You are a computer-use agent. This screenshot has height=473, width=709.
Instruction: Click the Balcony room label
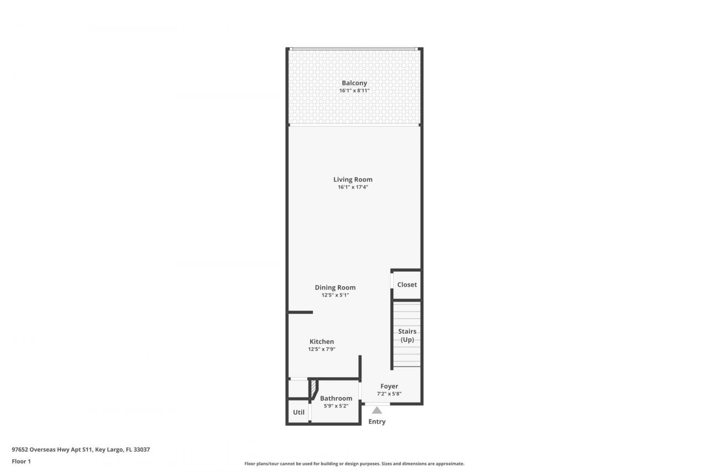[354, 83]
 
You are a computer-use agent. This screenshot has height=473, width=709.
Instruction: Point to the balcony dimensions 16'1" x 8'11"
[354, 90]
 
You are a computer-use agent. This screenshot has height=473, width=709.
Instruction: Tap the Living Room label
[353, 180]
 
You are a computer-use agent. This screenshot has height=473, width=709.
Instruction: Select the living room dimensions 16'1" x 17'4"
[353, 187]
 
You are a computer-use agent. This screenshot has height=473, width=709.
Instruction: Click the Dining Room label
[335, 287]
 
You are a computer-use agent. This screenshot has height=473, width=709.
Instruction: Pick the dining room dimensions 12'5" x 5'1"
[335, 295]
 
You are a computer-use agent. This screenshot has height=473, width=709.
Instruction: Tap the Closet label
[407, 284]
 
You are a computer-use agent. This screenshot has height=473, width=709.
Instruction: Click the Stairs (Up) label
[407, 335]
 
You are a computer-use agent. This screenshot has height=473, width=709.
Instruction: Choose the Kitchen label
[321, 342]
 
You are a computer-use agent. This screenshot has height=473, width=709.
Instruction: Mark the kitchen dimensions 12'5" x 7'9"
[321, 349]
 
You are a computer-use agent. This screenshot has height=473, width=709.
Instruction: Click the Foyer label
[389, 386]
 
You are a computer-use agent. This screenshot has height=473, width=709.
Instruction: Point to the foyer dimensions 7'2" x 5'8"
[389, 394]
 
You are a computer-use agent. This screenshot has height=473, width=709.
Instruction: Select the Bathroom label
[336, 398]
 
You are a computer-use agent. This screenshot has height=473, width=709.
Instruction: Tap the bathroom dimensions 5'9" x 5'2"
[336, 406]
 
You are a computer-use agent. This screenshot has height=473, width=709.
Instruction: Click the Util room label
[299, 412]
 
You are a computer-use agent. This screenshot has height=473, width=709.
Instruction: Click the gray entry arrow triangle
[377, 410]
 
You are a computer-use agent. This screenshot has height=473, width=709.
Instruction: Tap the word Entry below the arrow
[377, 421]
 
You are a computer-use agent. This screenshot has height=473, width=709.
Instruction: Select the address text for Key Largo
[81, 450]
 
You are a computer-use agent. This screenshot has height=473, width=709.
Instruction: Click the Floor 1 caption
[21, 461]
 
